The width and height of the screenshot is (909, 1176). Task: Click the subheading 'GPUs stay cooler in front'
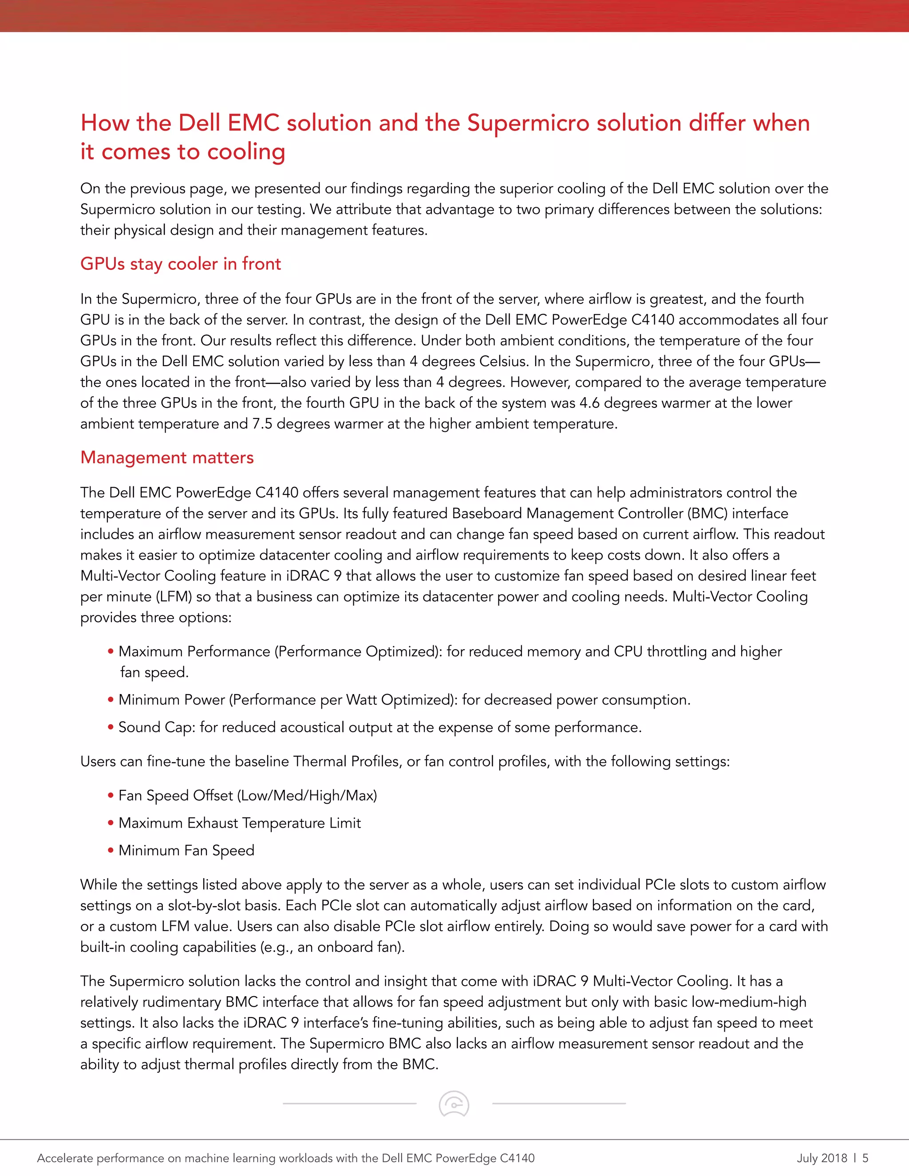pos(180,264)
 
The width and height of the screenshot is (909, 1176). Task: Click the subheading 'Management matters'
pos(167,457)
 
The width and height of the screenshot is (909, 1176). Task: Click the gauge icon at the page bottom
pos(454,1104)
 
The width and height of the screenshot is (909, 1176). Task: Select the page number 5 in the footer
pos(866,1158)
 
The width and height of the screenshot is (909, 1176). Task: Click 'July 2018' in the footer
pos(822,1158)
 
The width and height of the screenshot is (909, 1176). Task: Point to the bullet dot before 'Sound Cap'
pos(111,727)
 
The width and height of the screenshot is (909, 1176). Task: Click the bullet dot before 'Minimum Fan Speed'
pos(111,851)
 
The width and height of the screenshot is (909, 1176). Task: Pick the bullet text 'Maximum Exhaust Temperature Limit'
pos(240,823)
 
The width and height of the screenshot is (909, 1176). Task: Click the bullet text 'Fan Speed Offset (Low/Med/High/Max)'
pos(248,795)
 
